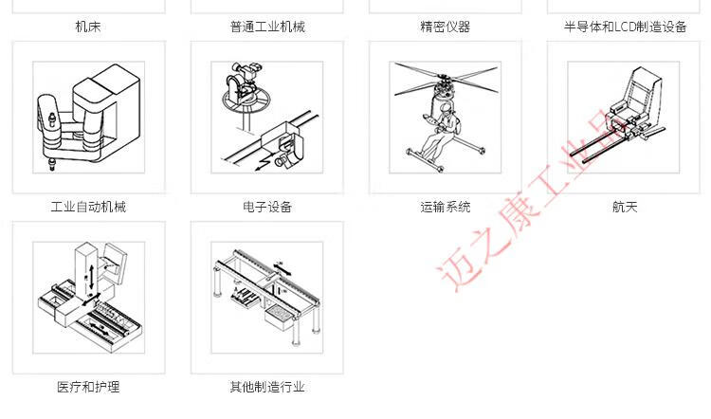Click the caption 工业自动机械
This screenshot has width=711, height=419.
[x=88, y=207]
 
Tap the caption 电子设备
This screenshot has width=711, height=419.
[x=267, y=207]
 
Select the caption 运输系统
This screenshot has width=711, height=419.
[x=446, y=207]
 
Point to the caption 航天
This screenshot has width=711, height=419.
[x=625, y=207]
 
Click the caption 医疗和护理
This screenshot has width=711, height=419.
[x=88, y=387]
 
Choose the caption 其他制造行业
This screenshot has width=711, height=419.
[x=267, y=387]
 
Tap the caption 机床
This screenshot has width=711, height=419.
[x=88, y=27]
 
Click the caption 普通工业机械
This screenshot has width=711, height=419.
[x=267, y=27]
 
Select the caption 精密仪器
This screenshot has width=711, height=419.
[x=446, y=27]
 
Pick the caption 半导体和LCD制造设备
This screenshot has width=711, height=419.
[x=625, y=27]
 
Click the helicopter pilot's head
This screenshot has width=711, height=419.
[x=446, y=109]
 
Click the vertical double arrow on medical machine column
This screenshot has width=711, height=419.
[x=92, y=277]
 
